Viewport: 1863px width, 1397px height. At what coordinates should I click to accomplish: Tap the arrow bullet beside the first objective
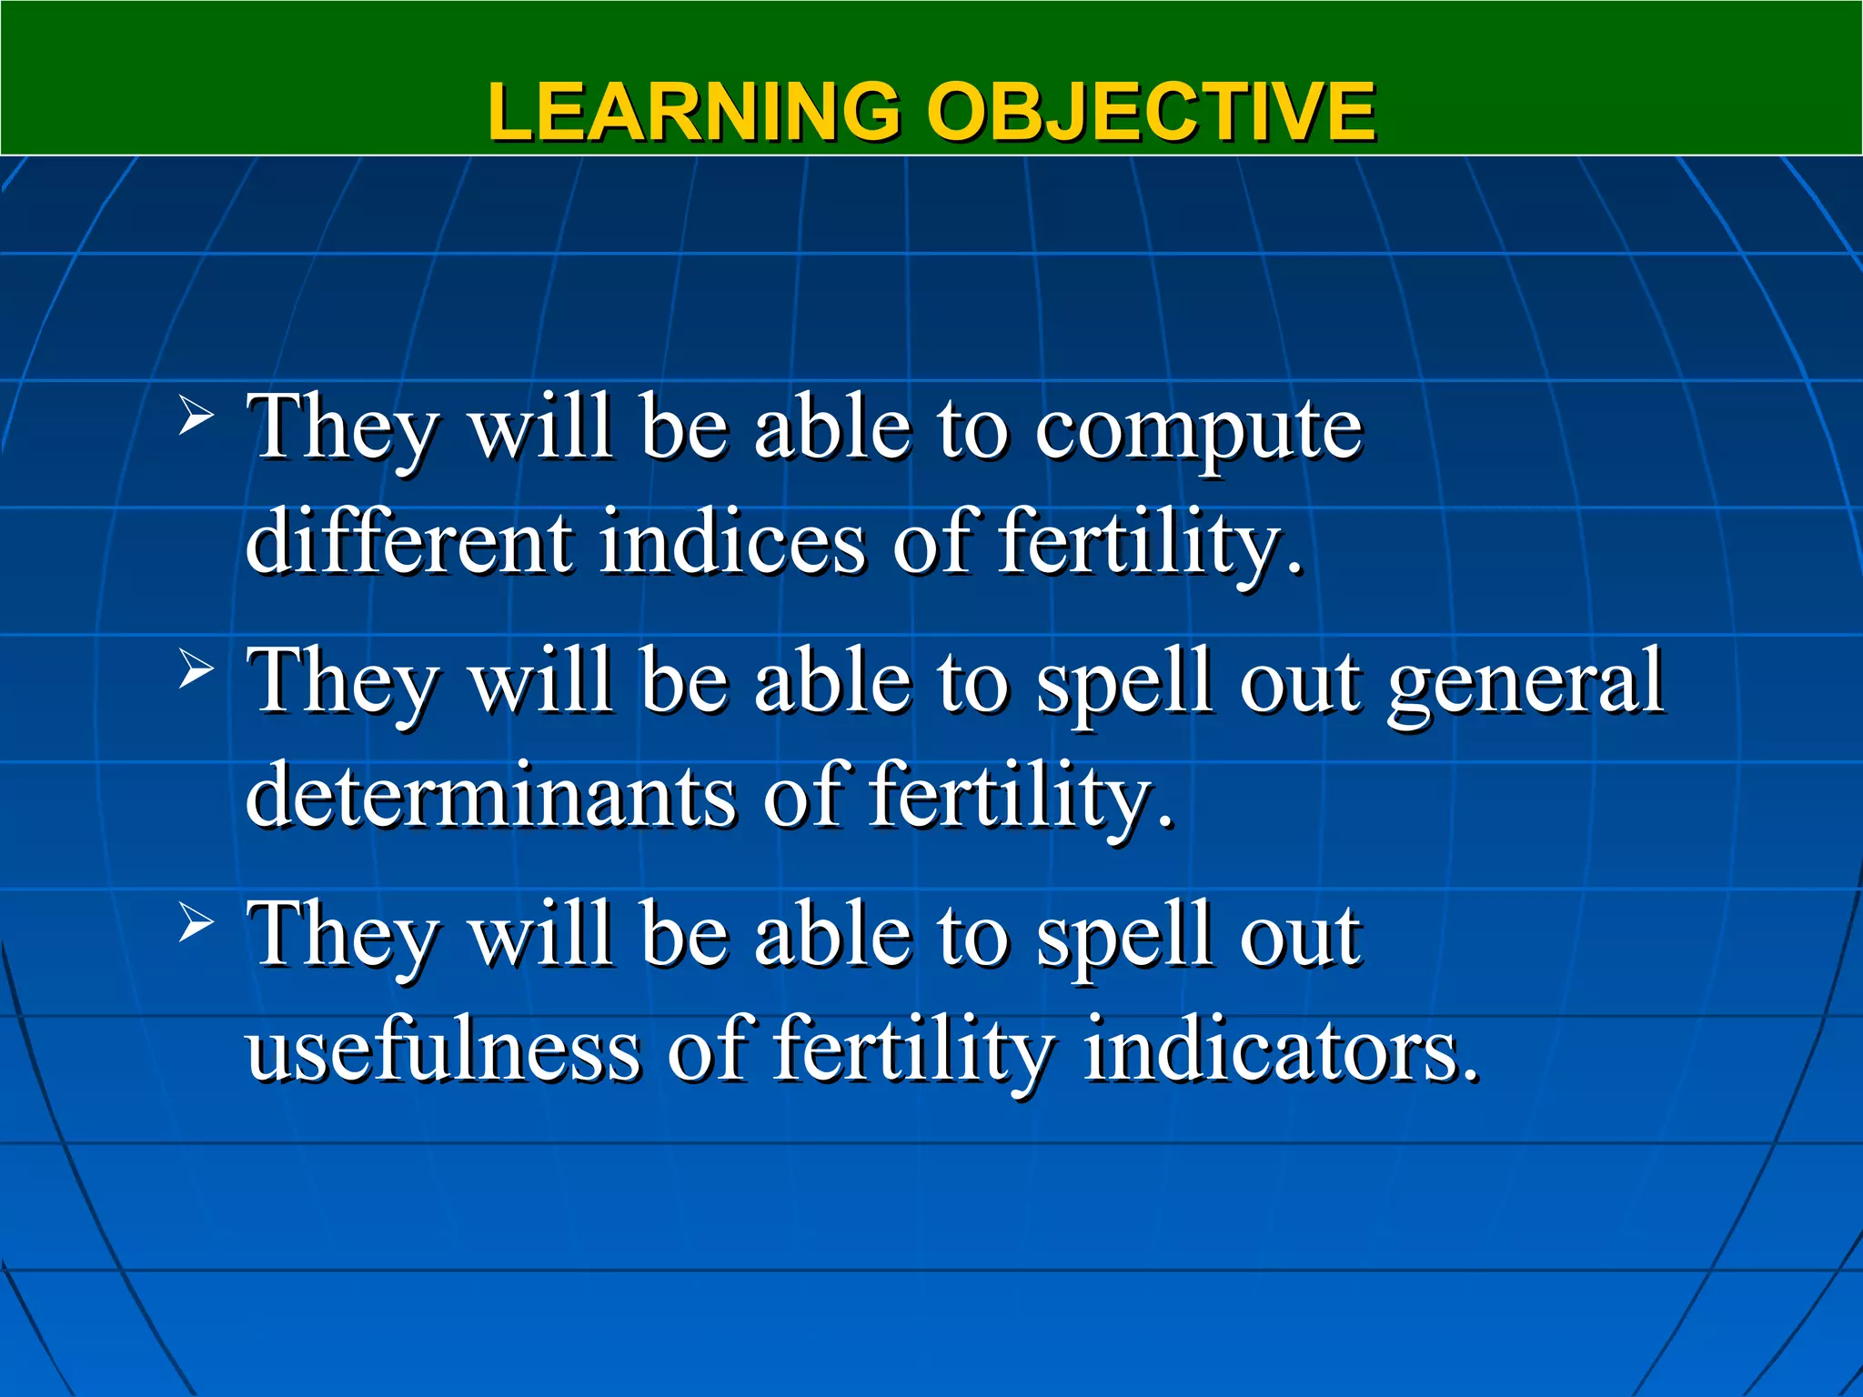[x=196, y=418]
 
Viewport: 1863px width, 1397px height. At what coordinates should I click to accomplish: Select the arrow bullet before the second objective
[x=196, y=671]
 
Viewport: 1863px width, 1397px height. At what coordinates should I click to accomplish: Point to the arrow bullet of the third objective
[x=196, y=924]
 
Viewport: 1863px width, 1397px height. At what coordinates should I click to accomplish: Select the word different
[x=409, y=543]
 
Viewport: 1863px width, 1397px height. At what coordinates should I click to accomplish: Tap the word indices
[x=732, y=543]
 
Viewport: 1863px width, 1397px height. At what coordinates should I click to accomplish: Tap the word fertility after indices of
[x=1150, y=543]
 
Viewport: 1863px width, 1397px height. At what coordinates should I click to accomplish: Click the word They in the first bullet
[x=344, y=429]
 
